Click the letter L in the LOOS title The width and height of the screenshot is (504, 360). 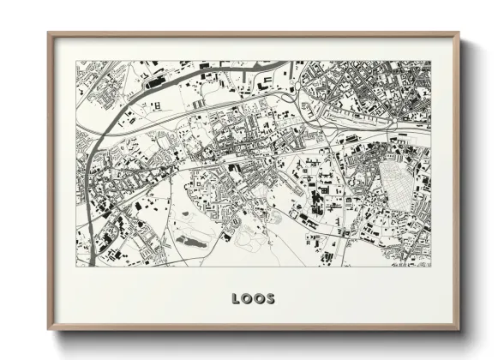[x=236, y=299]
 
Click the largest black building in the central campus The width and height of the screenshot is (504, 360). [x=314, y=201]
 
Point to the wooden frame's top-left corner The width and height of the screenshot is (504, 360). [x=49, y=33]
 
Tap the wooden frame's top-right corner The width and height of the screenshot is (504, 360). [x=459, y=33]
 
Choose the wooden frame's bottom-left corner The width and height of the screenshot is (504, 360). [x=49, y=329]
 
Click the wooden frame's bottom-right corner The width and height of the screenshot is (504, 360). [x=459, y=329]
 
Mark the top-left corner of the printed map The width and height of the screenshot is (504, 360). [x=76, y=61]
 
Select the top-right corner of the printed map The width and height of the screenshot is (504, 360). [x=430, y=61]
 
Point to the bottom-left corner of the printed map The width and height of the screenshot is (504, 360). [x=76, y=267]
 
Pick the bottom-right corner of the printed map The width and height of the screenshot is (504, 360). [x=430, y=267]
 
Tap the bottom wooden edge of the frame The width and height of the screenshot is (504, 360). [x=254, y=328]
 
